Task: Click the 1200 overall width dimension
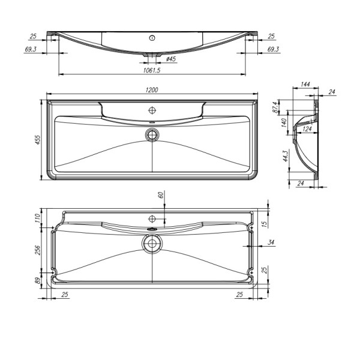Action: [152, 90]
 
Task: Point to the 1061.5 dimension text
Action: [152, 70]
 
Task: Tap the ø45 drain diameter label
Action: [170, 59]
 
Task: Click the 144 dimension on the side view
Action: [305, 85]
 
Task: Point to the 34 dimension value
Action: [271, 242]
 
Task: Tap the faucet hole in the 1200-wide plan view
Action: [152, 111]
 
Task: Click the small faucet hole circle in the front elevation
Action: [152, 37]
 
